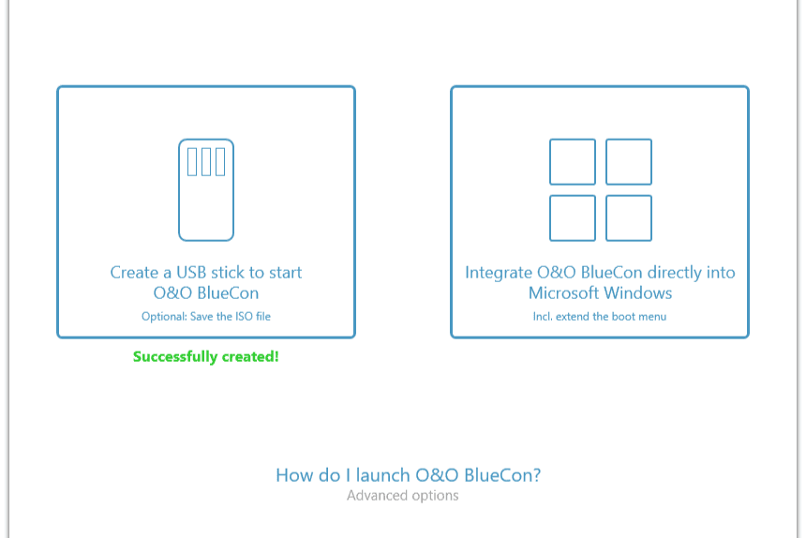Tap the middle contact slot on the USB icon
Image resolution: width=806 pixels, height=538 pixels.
(x=206, y=162)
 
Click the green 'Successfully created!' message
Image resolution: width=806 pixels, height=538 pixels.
(x=205, y=356)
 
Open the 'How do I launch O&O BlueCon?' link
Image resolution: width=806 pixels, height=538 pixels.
(x=408, y=475)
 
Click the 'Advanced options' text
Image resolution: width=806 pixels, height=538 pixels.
(x=402, y=496)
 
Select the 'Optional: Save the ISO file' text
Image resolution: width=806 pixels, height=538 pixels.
(x=206, y=317)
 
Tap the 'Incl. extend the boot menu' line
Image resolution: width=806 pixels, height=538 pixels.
(x=600, y=317)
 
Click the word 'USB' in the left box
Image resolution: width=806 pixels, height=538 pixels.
(x=191, y=273)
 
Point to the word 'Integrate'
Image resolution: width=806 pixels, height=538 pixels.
(x=498, y=273)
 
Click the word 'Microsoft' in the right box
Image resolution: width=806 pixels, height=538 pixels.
(x=563, y=292)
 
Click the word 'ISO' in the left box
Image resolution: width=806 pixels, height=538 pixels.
(x=245, y=317)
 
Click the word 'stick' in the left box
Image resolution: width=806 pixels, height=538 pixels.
(x=229, y=273)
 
